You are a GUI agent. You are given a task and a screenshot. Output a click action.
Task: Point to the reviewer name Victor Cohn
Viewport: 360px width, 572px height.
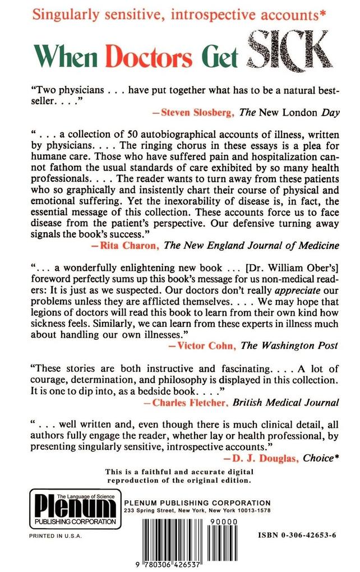coord(205,345)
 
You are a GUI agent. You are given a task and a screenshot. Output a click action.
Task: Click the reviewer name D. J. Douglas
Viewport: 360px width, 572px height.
coord(264,458)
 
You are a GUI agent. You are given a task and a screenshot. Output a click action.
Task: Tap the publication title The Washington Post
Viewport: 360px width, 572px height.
coord(289,345)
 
